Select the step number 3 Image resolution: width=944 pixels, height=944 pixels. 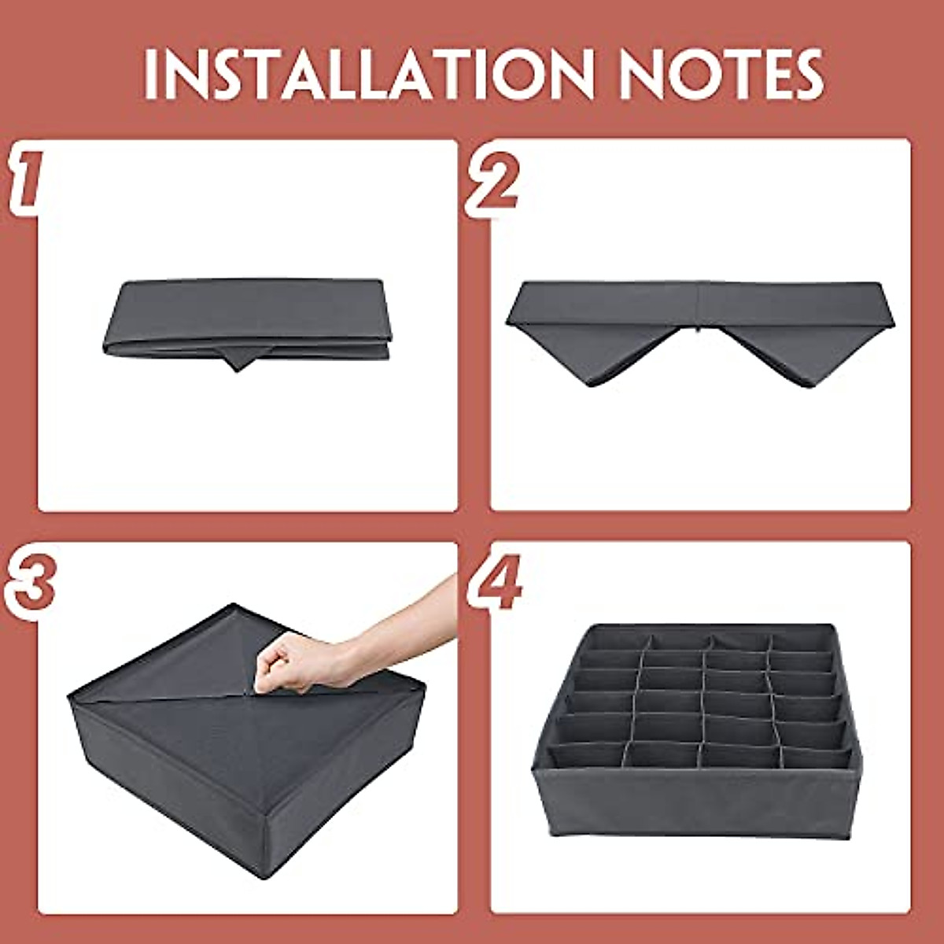(30, 586)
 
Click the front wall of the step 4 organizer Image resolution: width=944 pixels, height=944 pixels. (692, 810)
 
